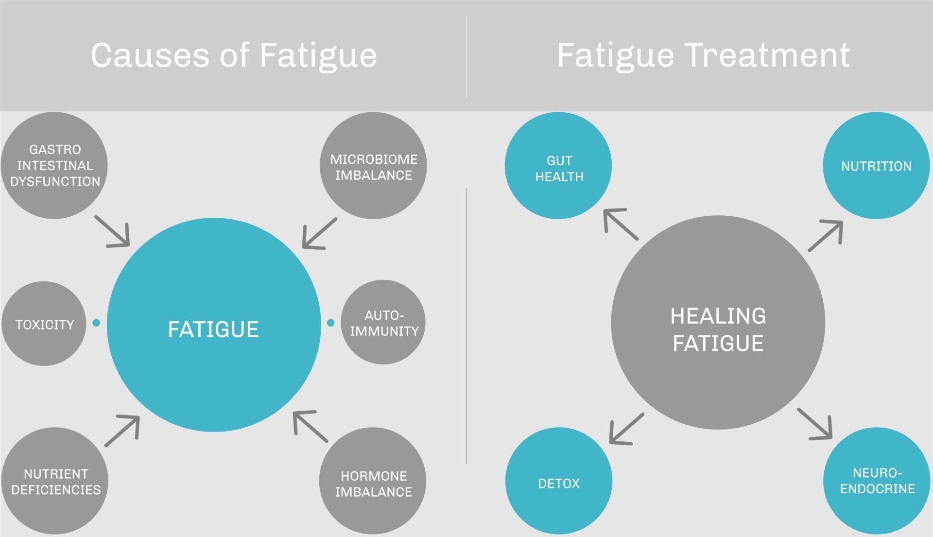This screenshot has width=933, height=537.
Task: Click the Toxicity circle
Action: point(44,324)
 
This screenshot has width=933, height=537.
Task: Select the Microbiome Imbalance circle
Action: point(373,166)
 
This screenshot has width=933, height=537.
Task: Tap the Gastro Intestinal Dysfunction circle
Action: point(54,165)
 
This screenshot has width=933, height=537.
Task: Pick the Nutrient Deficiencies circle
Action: point(54,481)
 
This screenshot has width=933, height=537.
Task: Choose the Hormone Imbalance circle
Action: point(373,481)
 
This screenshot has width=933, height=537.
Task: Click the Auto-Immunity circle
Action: point(383,322)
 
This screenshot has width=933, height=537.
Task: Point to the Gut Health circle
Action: point(558,166)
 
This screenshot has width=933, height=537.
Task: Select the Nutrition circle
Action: point(876,166)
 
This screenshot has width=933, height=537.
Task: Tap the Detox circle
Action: point(559,481)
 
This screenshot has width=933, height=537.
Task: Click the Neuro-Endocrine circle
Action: point(877,481)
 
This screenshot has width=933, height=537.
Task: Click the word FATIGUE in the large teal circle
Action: point(213,329)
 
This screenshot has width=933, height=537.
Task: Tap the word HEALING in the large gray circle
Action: point(718,316)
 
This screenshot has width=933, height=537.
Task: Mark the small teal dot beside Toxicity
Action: point(96,323)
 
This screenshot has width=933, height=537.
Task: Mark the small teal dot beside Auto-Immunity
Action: point(331,323)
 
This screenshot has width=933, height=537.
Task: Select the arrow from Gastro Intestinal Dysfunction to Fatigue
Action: point(113,231)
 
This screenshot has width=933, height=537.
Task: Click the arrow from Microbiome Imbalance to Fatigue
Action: point(319,234)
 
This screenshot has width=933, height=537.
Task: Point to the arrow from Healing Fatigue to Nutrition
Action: point(826,236)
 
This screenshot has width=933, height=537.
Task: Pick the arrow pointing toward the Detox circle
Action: point(626,429)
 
